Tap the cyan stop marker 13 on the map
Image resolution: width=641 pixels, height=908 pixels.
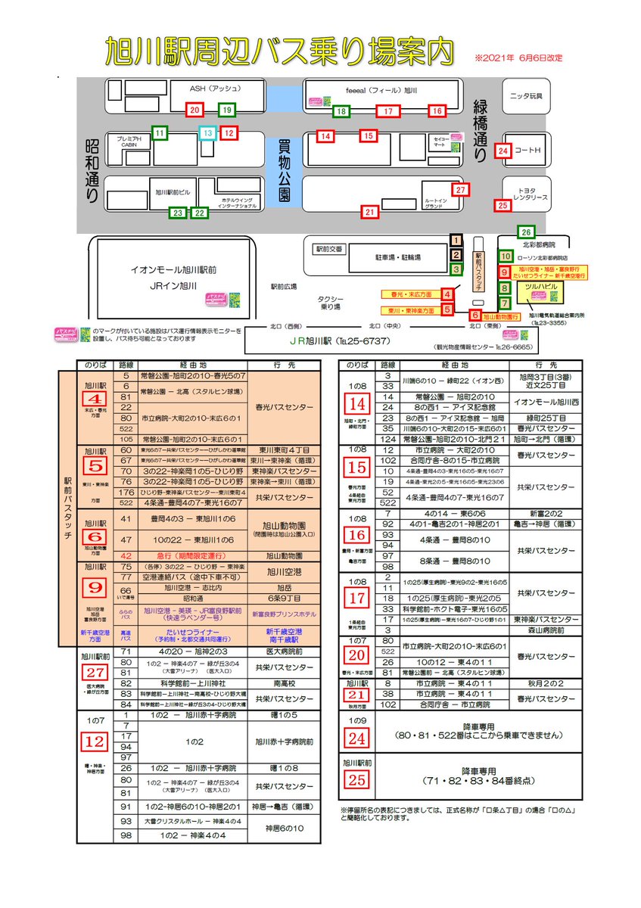[x=207, y=133]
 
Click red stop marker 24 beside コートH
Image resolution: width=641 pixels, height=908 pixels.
[x=504, y=151]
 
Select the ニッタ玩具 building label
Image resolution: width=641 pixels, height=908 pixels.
[x=527, y=96]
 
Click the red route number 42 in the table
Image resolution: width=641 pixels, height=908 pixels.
[x=126, y=555]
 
